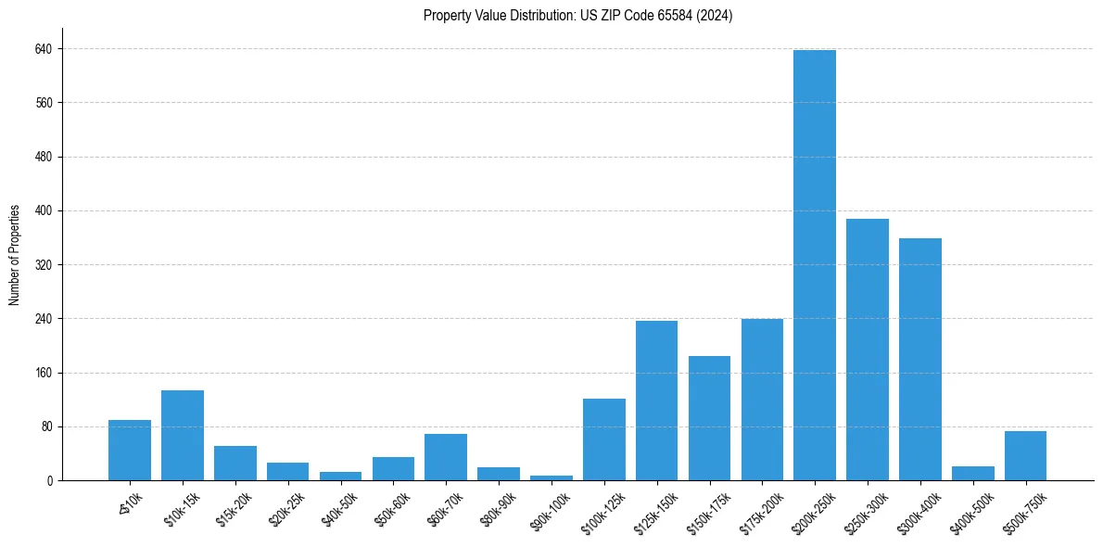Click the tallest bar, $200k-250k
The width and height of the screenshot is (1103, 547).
point(814,265)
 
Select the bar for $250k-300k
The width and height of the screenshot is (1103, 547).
point(867,350)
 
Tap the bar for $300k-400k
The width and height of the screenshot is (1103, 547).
point(919,360)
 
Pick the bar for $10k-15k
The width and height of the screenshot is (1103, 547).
point(183,436)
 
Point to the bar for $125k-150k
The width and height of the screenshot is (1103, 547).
point(656,401)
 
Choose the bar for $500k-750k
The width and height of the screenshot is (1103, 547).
point(1025,456)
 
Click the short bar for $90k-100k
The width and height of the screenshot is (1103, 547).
point(551,477)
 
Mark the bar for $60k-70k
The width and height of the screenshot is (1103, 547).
point(446,457)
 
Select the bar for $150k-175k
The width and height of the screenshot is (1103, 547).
point(709,418)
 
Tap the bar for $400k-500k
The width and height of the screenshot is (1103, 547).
point(972,474)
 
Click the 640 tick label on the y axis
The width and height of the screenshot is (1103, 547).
point(44,48)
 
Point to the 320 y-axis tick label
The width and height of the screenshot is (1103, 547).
point(44,265)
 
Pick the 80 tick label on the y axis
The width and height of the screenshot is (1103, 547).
point(47,427)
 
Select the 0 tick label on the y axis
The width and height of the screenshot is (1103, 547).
point(50,481)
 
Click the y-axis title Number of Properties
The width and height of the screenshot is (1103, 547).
point(15,255)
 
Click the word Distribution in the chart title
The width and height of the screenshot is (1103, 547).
point(526,16)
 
